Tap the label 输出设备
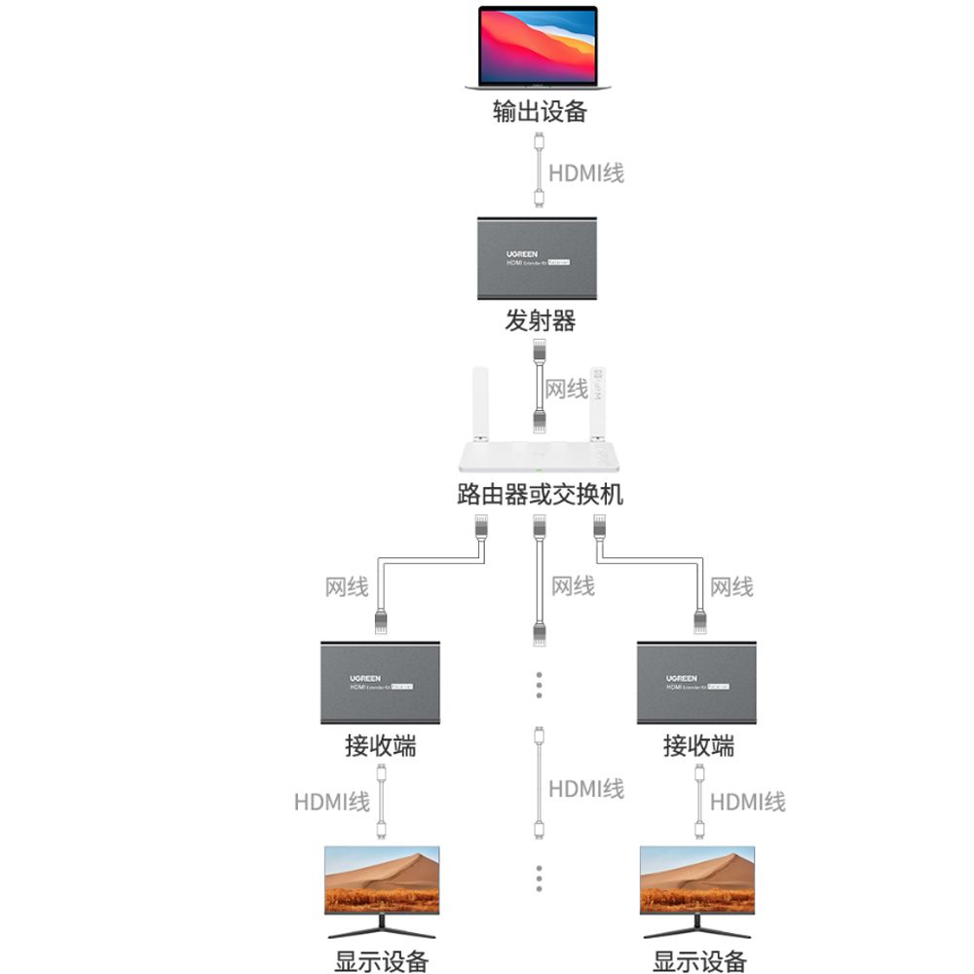540,111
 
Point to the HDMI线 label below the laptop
585,173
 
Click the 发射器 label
540,319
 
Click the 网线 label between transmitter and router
566,389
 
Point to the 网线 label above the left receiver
347,587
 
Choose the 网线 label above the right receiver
731,587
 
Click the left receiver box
381,682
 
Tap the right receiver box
698,682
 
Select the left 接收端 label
381,747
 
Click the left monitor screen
382,880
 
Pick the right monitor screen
698,880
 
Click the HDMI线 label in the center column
585,789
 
